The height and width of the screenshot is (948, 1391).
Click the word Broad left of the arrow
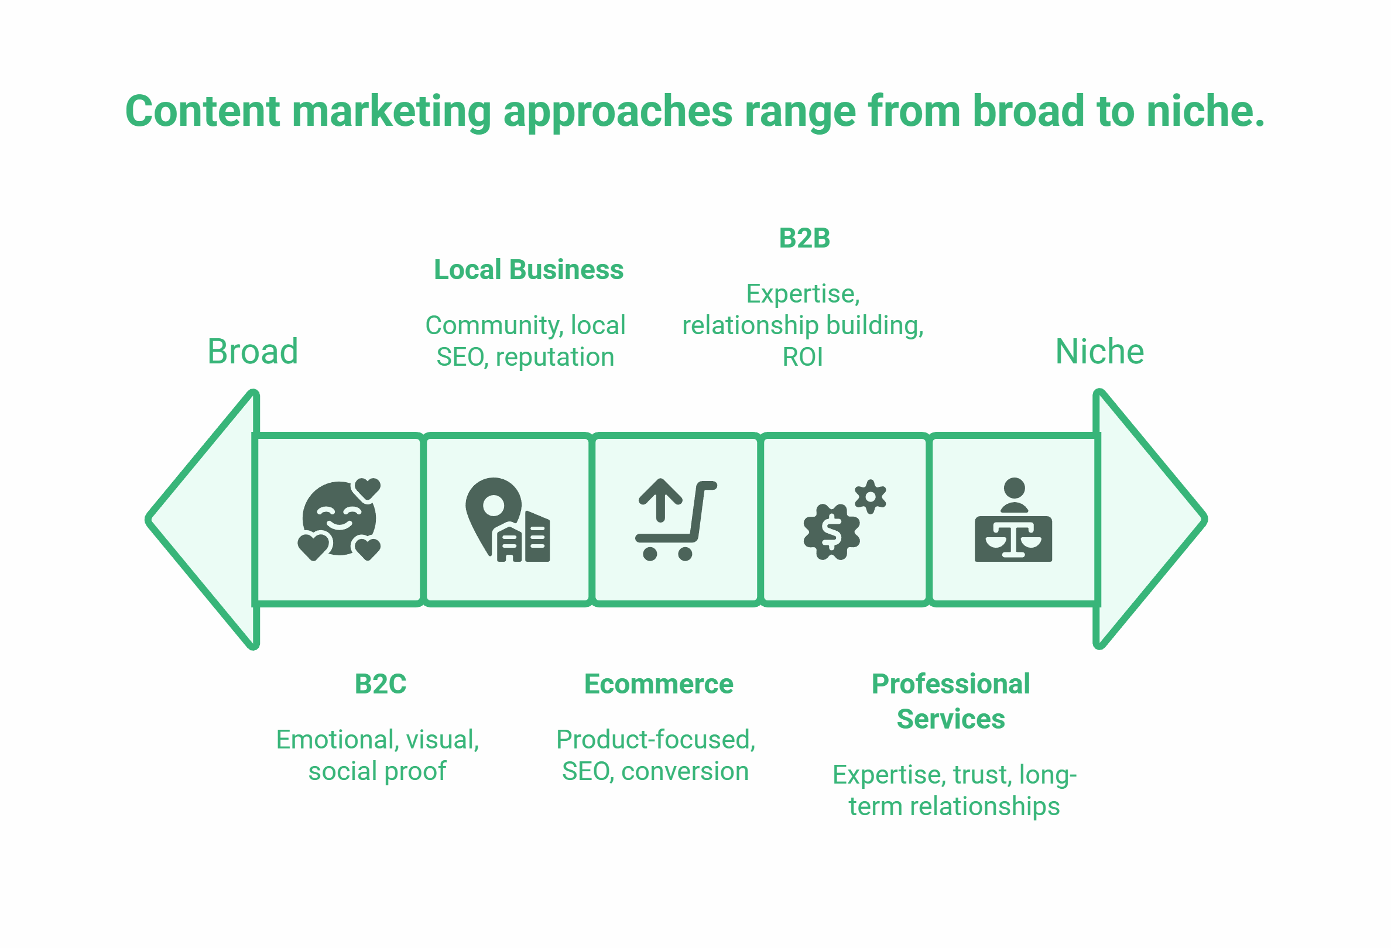pos(252,352)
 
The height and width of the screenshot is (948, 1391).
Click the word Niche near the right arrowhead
pos(1099,352)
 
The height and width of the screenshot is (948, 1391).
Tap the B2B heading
pos(804,239)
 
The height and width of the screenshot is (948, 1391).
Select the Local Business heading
pos(529,270)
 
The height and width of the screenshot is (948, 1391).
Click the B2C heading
pos(381,684)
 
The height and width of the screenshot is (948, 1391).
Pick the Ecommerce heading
pos(659,684)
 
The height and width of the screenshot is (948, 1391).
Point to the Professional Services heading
pos(951,701)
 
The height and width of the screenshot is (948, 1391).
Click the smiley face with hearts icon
pos(339,519)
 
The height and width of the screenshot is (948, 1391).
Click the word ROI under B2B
pos(803,358)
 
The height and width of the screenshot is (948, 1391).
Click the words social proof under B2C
pos(377,771)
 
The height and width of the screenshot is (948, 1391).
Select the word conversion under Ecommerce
pos(685,771)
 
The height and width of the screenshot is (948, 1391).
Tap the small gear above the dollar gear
pos(871,496)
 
